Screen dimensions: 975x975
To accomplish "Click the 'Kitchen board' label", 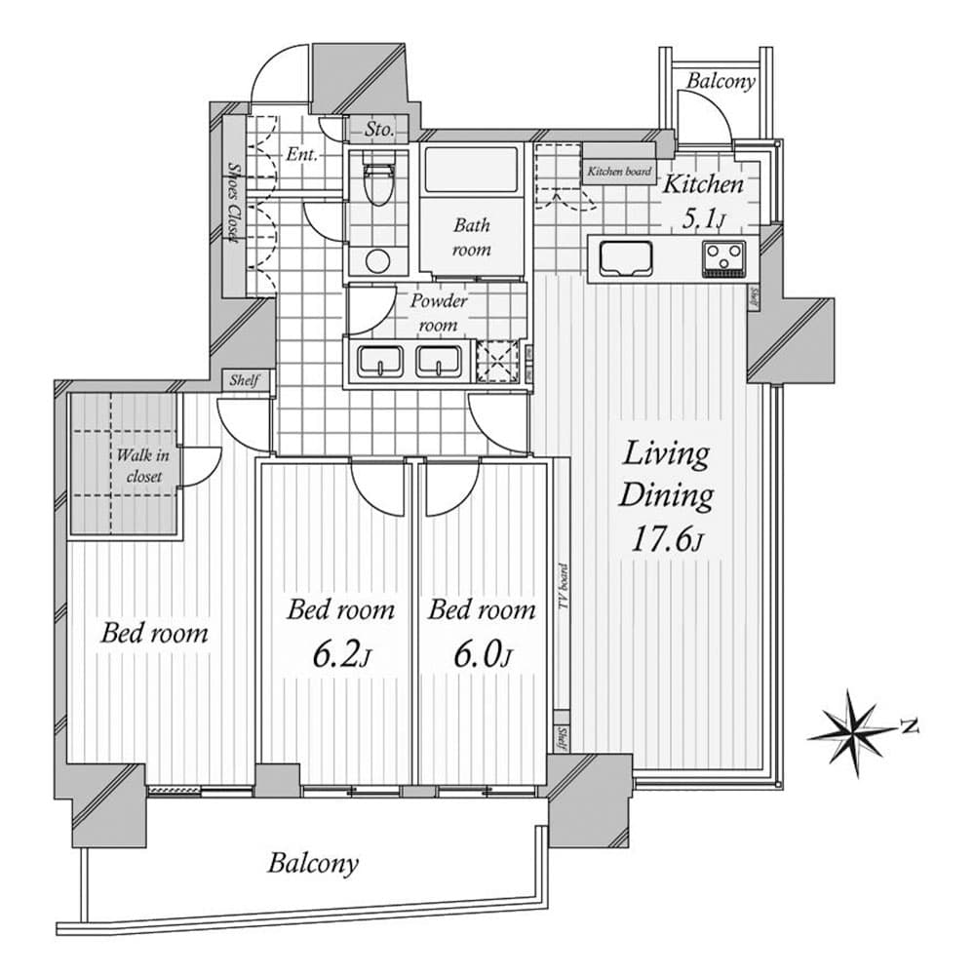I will [x=618, y=172].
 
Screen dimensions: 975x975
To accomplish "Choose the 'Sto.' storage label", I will [x=378, y=129].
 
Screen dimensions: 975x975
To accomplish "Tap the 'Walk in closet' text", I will [x=139, y=465].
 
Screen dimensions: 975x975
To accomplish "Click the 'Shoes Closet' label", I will [x=232, y=203].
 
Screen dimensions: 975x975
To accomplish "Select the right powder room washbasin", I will [x=440, y=363].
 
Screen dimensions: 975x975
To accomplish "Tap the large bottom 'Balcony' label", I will [x=314, y=862].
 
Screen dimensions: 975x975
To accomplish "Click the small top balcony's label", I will [x=721, y=81].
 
